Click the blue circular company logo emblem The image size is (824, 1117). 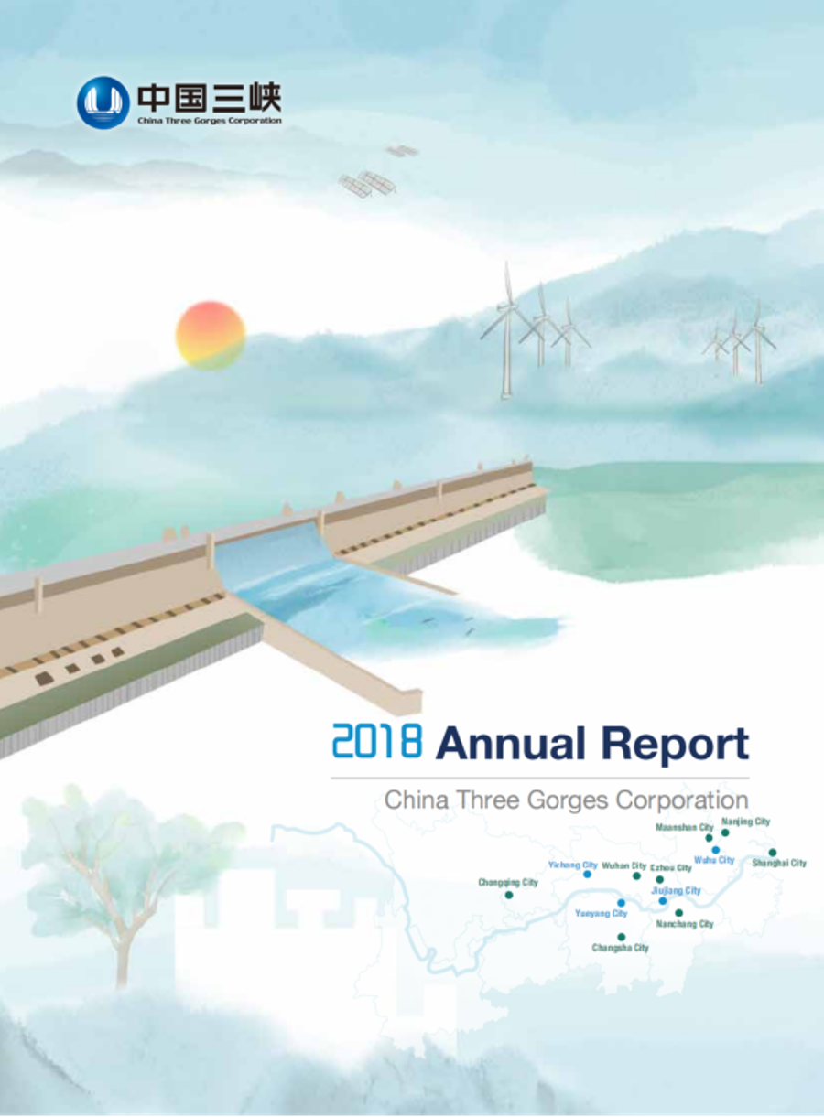point(103,101)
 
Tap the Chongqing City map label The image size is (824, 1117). point(508,883)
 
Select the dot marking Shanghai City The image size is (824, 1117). point(773,853)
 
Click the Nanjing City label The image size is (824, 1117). point(745,822)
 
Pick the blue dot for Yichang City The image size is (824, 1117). point(587,874)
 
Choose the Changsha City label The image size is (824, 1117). point(621,948)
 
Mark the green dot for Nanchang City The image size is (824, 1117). point(678,912)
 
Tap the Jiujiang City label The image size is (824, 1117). point(676,890)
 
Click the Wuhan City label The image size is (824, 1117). point(623,865)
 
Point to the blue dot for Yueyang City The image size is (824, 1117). point(621,903)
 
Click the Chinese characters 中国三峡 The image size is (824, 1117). point(209,97)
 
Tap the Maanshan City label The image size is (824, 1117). point(684,827)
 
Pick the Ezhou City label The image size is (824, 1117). point(670,867)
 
